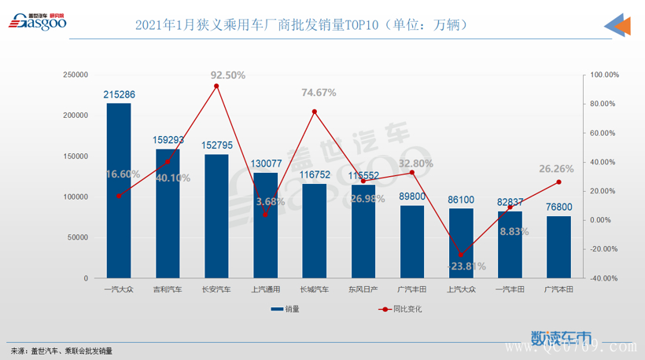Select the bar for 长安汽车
pyautogui.click(x=216, y=216)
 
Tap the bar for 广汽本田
pyautogui.click(x=558, y=247)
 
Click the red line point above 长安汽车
pyautogui.click(x=216, y=86)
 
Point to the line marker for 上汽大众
pyautogui.click(x=461, y=255)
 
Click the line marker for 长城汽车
pyautogui.click(x=315, y=112)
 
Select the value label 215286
pyautogui.click(x=120, y=94)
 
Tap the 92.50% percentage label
pyautogui.click(x=228, y=75)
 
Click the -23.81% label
pyautogui.click(x=467, y=266)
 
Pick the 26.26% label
pyautogui.click(x=557, y=168)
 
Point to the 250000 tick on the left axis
pyautogui.click(x=76, y=75)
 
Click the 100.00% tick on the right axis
pyautogui.click(x=605, y=75)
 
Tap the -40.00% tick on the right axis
pyautogui.click(x=605, y=278)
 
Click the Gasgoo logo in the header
pyautogui.click(x=38, y=22)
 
